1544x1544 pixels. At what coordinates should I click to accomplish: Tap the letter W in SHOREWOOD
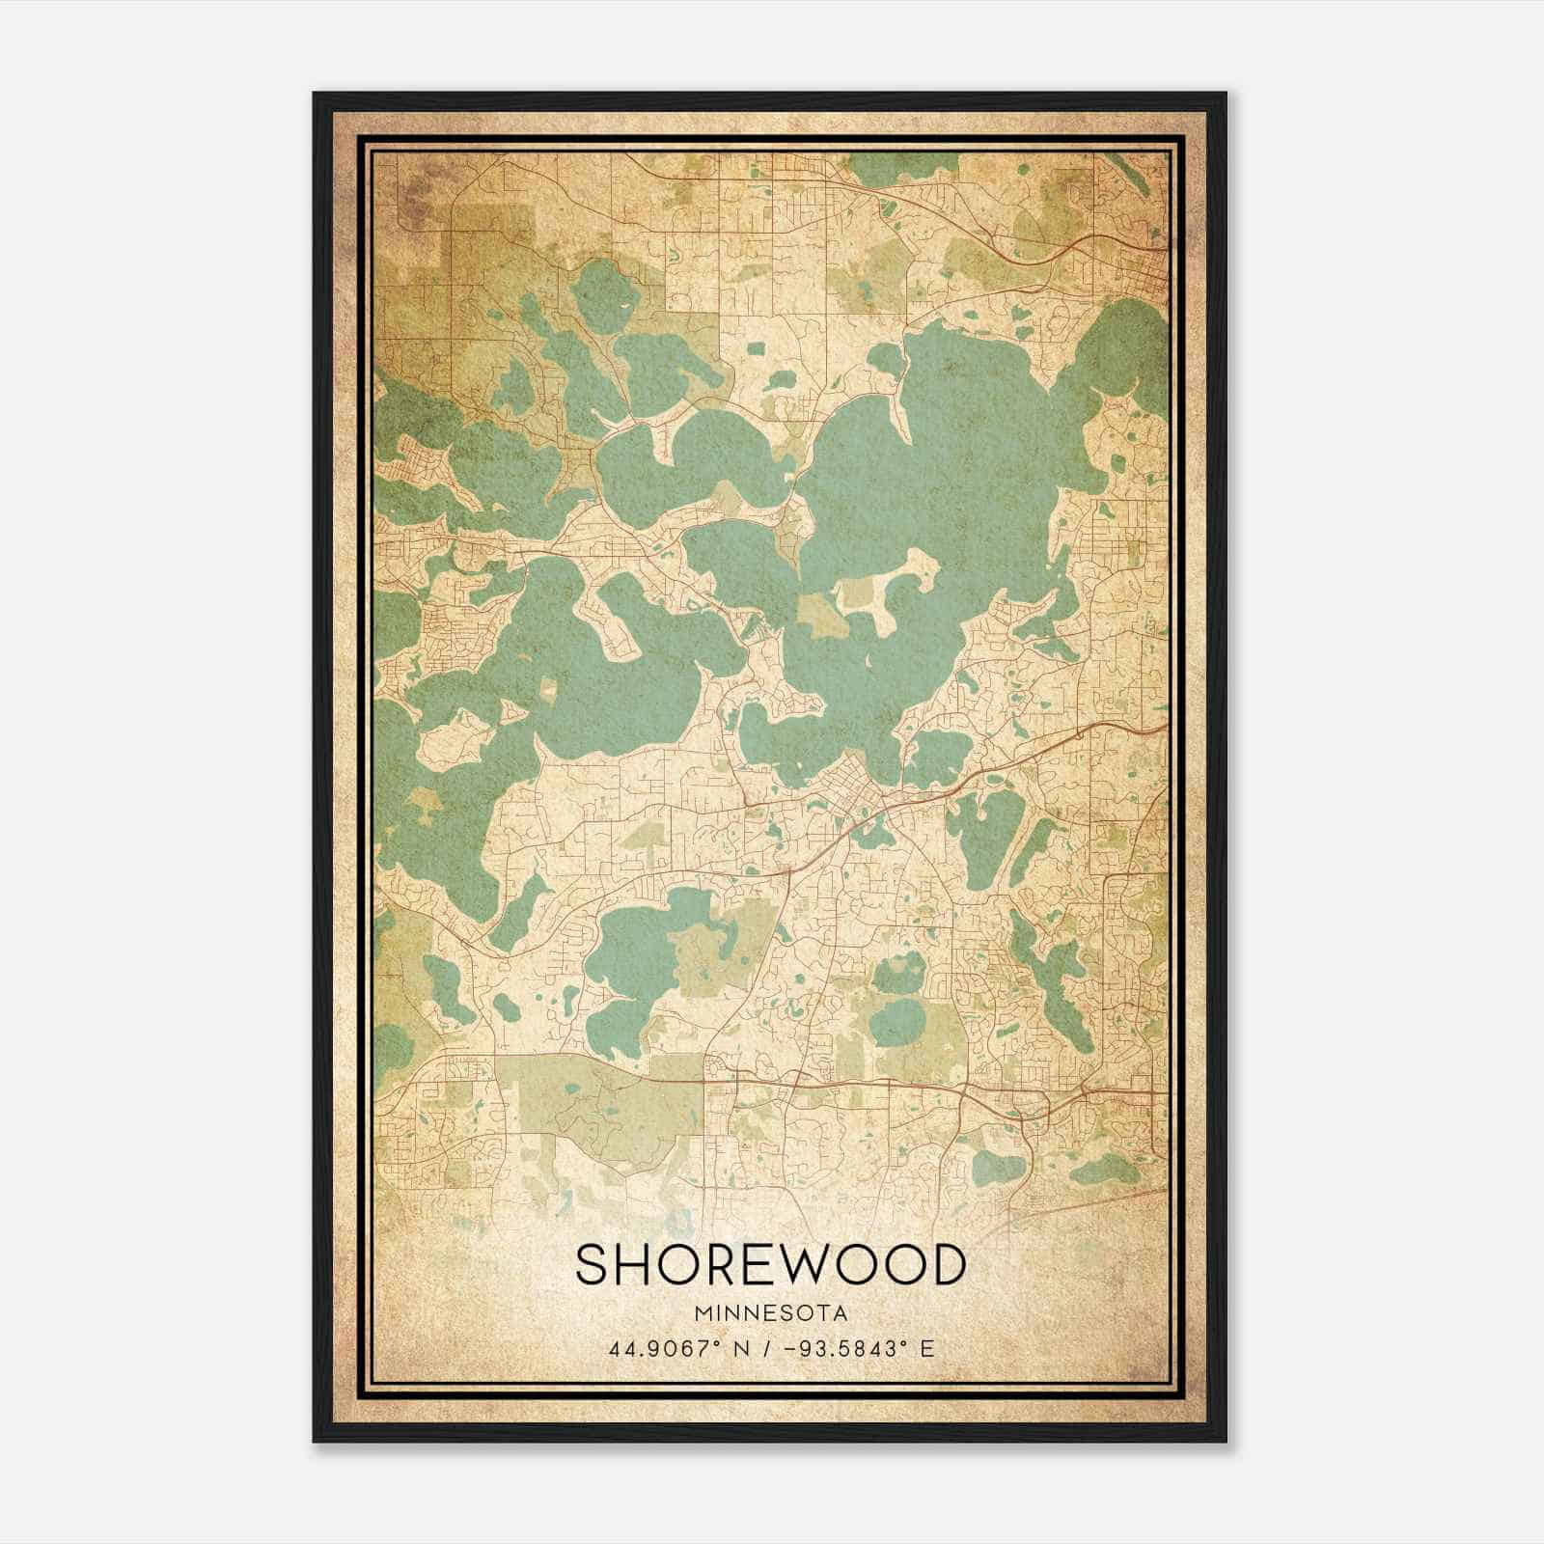point(794,1265)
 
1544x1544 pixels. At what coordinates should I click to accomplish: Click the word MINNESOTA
point(769,1313)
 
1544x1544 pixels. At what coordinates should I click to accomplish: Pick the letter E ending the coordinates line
point(927,1349)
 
